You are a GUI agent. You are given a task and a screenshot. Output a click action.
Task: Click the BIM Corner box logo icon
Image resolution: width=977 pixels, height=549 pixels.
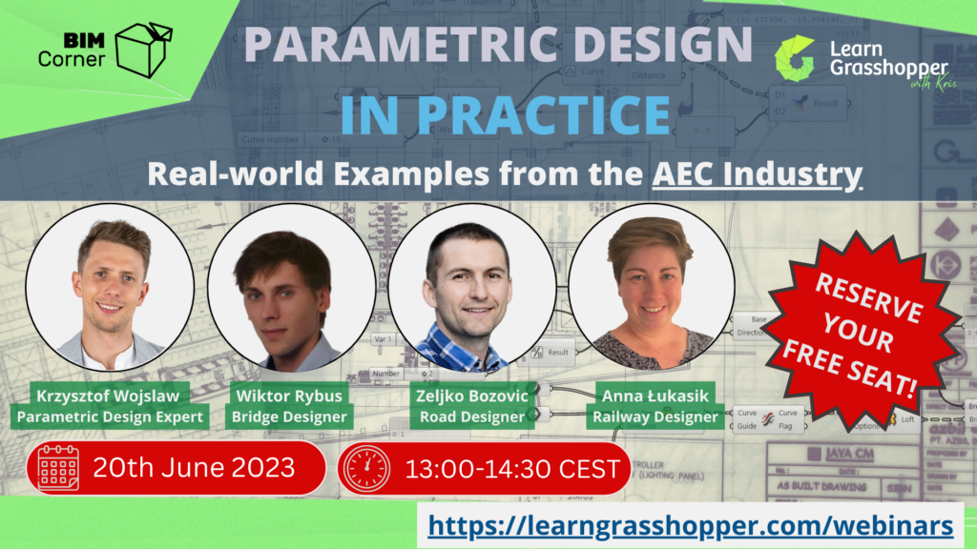pos(143,50)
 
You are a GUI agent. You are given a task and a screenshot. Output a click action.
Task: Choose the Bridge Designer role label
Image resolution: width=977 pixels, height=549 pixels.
pos(291,417)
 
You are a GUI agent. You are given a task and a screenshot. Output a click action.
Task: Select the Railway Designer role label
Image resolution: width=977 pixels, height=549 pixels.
pos(655,417)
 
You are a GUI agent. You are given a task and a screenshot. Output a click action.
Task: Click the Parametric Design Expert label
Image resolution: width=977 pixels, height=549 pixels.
pos(111,417)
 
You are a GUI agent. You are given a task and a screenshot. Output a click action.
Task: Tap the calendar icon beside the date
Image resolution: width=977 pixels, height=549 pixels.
pos(57,468)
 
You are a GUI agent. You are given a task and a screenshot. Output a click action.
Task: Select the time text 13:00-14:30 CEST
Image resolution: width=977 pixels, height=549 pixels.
pos(512,469)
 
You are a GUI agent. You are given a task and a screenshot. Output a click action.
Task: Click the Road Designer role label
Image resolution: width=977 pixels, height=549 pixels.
pos(472,417)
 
